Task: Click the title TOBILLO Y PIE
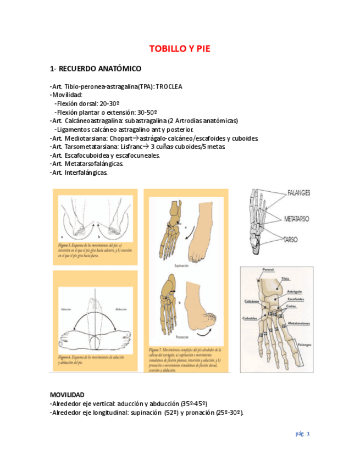pyautogui.click(x=180, y=49)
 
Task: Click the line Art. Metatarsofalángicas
pyautogui.click(x=87, y=164)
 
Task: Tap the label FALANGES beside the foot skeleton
pyautogui.click(x=298, y=193)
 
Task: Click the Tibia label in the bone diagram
pyautogui.click(x=285, y=279)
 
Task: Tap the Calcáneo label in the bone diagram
pyautogui.click(x=252, y=301)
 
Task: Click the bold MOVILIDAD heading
pyautogui.click(x=67, y=395)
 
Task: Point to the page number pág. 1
pyautogui.click(x=303, y=434)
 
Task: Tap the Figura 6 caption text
pyautogui.click(x=88, y=360)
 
